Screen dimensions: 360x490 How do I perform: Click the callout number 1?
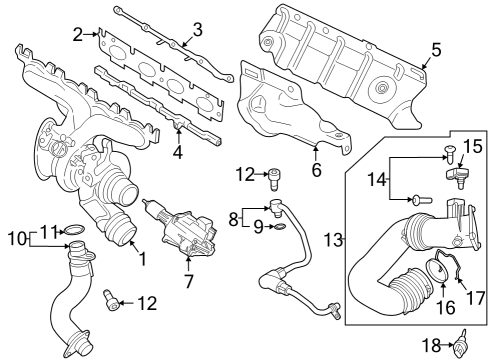click(x=142, y=258)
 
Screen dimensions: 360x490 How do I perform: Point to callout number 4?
click(x=178, y=154)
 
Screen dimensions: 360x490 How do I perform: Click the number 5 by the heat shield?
click(x=435, y=48)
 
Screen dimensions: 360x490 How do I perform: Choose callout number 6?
click(x=316, y=171)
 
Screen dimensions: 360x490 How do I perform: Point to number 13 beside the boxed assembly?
click(x=333, y=241)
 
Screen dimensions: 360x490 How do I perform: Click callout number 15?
click(x=473, y=146)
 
